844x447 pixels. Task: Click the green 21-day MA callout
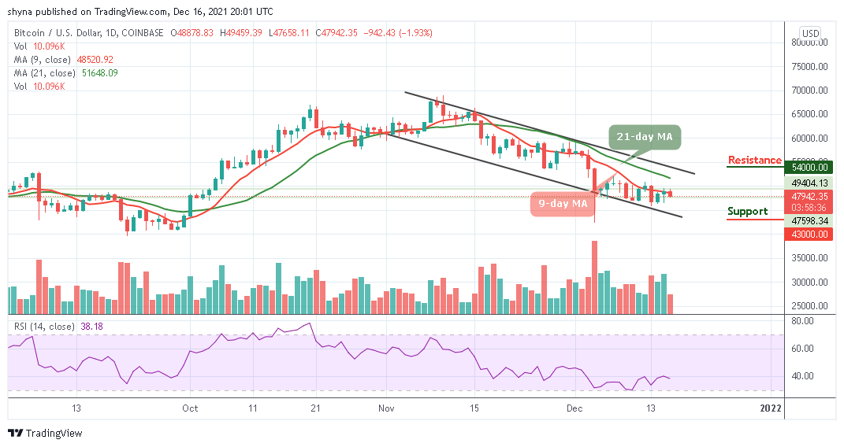(644, 137)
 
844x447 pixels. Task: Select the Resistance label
(754, 161)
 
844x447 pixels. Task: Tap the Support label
(747, 211)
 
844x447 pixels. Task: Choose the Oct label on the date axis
(190, 408)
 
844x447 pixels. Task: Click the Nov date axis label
(386, 408)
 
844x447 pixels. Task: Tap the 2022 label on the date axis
(770, 408)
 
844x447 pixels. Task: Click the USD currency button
(809, 33)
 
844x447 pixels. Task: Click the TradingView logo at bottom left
(45, 433)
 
